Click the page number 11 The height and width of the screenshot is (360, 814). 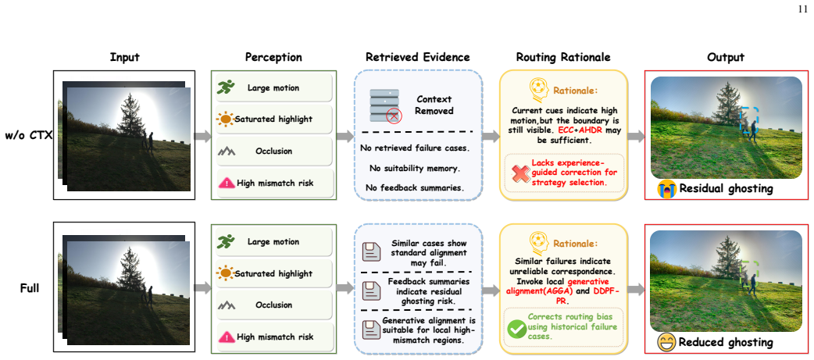[x=803, y=9]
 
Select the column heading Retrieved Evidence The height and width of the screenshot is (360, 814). [x=418, y=57]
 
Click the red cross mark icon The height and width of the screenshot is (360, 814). [x=520, y=173]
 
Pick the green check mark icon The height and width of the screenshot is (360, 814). [x=517, y=328]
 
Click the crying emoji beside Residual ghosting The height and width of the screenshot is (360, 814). [x=666, y=188]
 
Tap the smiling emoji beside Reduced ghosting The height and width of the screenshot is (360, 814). [x=666, y=342]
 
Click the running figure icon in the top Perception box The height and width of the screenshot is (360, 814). [x=226, y=87]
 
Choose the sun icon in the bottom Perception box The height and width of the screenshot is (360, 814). [x=226, y=273]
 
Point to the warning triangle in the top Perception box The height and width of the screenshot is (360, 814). [x=226, y=183]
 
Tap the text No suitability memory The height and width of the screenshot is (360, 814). [x=414, y=168]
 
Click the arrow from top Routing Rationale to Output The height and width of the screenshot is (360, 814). [x=636, y=137]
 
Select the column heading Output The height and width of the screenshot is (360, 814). [x=726, y=57]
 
